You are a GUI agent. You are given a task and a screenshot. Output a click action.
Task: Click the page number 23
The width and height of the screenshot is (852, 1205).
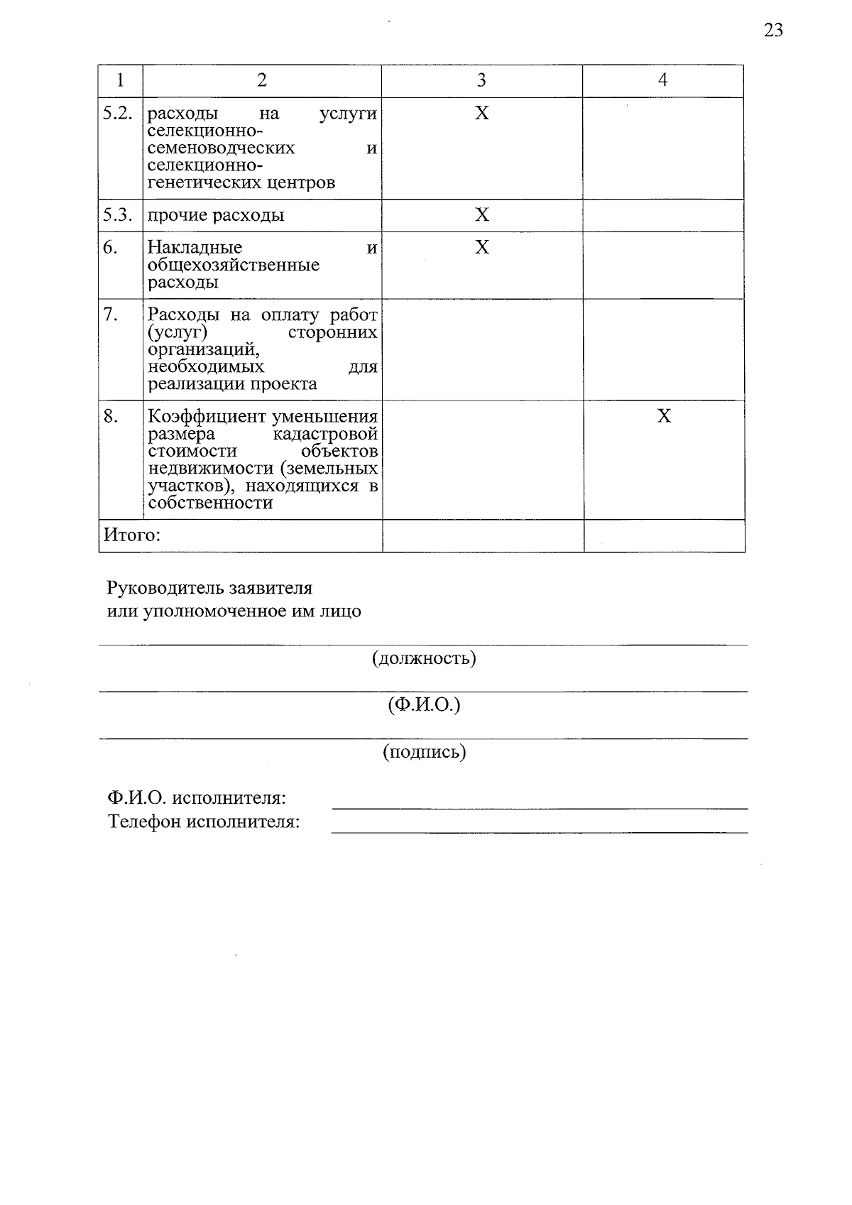tap(773, 31)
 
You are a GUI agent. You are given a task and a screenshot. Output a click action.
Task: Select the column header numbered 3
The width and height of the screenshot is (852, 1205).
tap(481, 80)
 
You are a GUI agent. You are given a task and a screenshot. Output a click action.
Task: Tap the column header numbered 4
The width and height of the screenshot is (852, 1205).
tap(662, 80)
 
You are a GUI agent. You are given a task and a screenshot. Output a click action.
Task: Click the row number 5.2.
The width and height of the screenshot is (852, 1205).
tap(118, 114)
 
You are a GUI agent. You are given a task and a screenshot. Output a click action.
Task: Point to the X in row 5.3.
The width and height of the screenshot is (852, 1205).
tap(482, 215)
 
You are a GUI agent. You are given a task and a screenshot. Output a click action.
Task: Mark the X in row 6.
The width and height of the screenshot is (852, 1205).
tap(482, 247)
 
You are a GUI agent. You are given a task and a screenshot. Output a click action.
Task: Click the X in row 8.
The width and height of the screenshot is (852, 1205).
tap(664, 416)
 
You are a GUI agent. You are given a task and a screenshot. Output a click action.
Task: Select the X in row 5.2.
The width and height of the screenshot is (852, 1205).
tap(482, 114)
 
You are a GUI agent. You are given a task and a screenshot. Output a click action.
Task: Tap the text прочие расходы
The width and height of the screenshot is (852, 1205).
tap(216, 215)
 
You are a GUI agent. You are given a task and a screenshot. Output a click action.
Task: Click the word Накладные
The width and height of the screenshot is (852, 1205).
tap(195, 248)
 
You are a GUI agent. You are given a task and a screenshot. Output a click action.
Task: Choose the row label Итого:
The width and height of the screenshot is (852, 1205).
tap(132, 535)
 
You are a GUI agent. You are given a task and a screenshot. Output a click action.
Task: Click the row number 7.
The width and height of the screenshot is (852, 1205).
tap(111, 315)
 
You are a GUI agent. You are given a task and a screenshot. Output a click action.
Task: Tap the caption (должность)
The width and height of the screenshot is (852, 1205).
tap(424, 658)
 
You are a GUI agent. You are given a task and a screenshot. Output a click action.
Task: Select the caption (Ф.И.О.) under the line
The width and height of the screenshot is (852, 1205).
tap(424, 705)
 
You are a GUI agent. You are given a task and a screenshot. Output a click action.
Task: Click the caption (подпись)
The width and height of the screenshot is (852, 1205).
tap(424, 752)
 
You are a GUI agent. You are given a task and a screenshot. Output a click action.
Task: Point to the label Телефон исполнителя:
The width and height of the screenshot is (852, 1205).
tap(204, 822)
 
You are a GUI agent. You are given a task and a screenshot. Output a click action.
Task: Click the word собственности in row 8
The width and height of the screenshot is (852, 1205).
tap(210, 503)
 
